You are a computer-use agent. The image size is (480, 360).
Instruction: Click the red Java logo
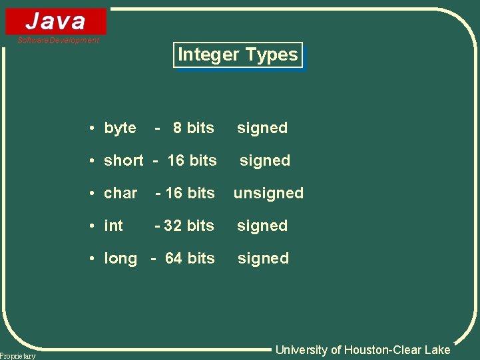(56, 21)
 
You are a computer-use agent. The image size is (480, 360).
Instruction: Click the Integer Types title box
(238, 55)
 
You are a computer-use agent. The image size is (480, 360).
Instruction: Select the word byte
(120, 128)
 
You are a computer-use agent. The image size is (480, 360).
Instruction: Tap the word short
(123, 160)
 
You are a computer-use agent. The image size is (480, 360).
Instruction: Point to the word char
(120, 193)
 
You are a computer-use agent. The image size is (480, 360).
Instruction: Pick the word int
(114, 226)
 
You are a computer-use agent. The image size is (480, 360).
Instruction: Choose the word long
(120, 258)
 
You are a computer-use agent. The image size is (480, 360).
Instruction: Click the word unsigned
(268, 193)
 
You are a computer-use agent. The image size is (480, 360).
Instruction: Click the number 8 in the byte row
(177, 128)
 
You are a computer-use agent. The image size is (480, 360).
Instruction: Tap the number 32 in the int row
(173, 226)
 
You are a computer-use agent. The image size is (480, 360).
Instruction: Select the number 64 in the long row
(173, 258)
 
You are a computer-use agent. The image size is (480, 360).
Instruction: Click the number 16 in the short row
(176, 160)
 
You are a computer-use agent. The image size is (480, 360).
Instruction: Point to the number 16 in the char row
(174, 193)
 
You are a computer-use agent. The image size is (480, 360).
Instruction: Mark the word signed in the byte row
(262, 128)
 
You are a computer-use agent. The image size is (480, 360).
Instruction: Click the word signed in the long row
(263, 258)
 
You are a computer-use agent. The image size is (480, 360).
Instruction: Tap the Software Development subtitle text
(59, 40)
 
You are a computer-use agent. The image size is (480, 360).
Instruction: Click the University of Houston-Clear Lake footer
(363, 350)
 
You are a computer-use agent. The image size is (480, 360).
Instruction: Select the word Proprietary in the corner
(18, 356)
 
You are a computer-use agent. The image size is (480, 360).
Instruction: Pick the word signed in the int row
(262, 226)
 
